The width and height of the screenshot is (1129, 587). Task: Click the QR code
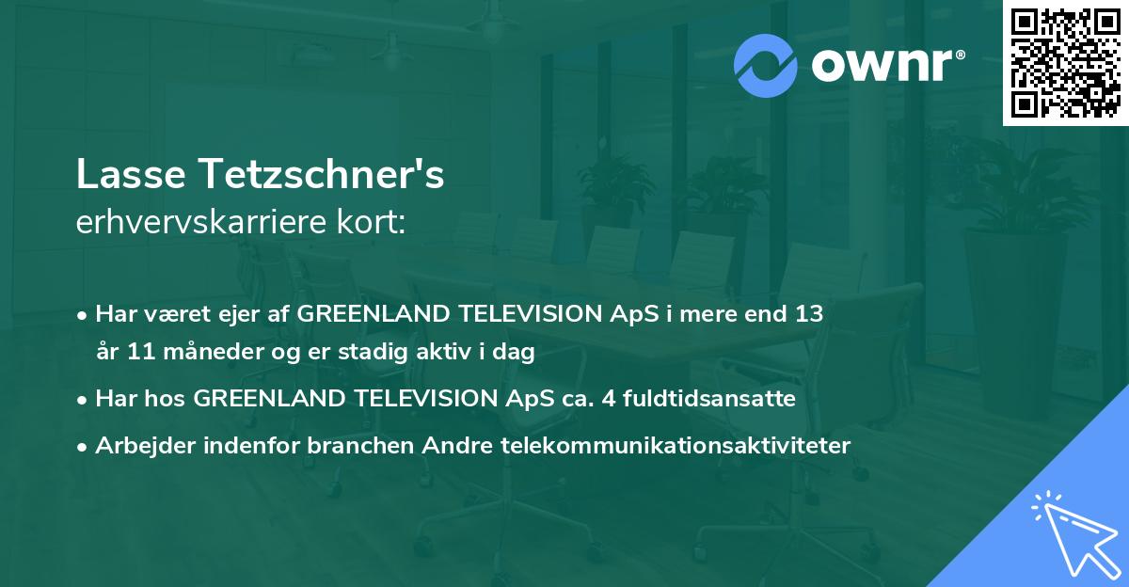(x=1065, y=63)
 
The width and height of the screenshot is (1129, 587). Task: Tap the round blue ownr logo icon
(x=766, y=66)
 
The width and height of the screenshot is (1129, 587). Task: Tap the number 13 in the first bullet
(x=809, y=314)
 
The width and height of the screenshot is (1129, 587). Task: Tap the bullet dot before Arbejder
(x=84, y=447)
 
